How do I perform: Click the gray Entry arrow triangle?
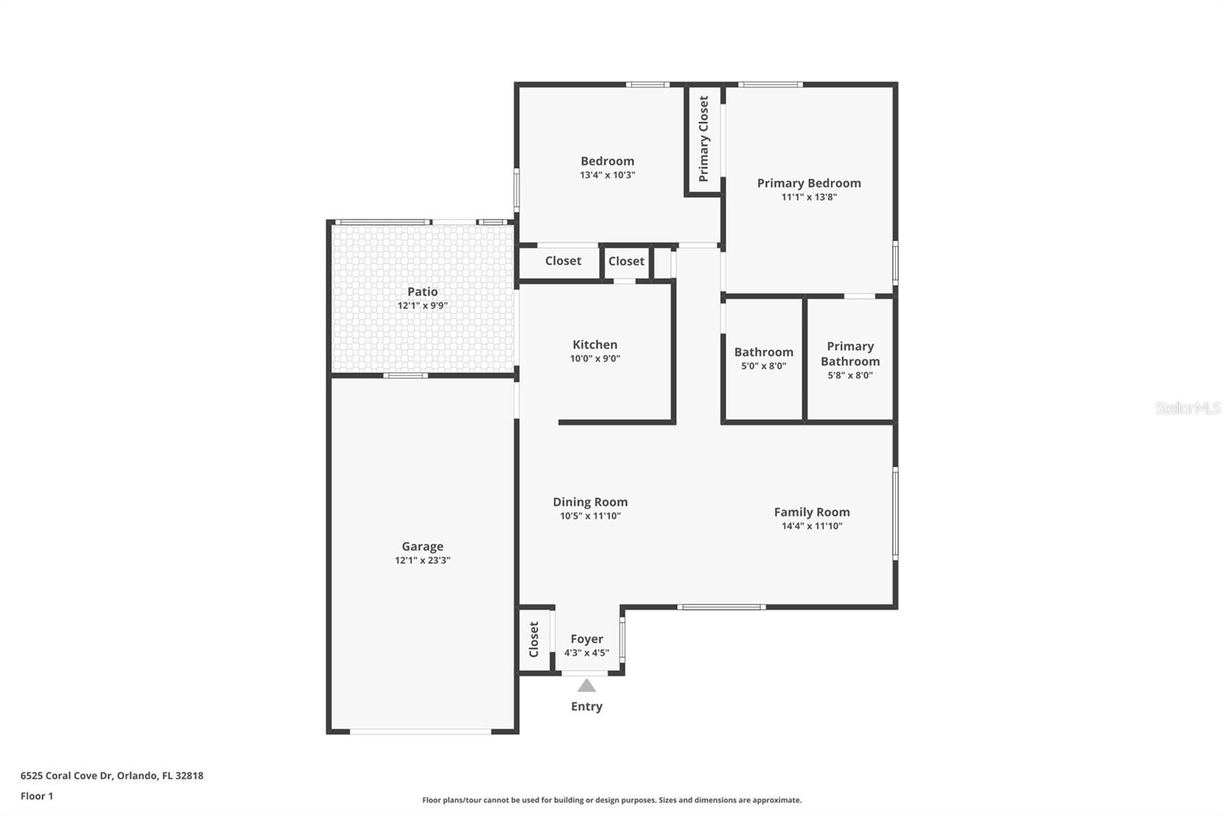(587, 685)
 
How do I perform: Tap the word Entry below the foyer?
(587, 707)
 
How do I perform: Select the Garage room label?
(422, 547)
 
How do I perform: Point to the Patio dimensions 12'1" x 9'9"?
(422, 305)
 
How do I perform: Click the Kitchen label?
(594, 344)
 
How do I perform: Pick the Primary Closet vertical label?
(704, 139)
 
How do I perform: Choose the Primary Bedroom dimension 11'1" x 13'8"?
(809, 197)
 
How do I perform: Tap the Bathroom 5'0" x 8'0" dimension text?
(763, 366)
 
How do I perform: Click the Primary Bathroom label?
(850, 354)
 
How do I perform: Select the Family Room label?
(812, 512)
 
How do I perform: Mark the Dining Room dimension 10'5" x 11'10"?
(590, 516)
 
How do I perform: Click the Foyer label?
(587, 639)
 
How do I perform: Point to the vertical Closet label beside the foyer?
(534, 639)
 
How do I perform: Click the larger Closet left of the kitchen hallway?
(563, 261)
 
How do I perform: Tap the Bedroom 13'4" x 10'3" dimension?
(607, 175)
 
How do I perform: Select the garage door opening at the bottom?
(421, 732)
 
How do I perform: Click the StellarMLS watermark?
(1187, 408)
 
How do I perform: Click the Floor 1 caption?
(37, 796)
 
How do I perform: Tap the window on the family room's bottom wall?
(721, 607)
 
